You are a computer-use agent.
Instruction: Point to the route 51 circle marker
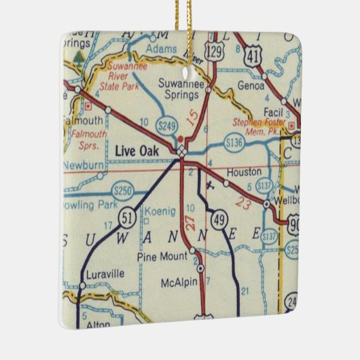(x=126, y=219)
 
